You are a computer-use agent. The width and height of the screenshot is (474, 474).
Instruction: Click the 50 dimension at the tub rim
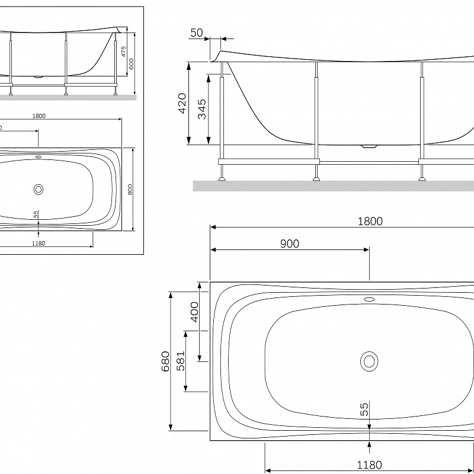[x=196, y=33]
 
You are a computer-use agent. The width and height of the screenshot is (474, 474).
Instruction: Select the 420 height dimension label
[x=182, y=103]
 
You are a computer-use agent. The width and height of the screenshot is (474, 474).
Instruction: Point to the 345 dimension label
[x=202, y=110]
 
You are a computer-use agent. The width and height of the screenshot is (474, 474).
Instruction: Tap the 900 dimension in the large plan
[x=290, y=244]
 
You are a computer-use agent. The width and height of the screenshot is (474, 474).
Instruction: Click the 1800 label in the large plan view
[x=370, y=221]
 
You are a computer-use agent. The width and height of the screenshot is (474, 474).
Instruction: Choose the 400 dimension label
[x=194, y=311]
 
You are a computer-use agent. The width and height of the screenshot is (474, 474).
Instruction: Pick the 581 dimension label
[x=181, y=361]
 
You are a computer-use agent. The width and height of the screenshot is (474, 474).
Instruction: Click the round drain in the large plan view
[x=369, y=361]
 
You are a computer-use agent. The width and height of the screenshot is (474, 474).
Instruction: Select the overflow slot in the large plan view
[x=369, y=299]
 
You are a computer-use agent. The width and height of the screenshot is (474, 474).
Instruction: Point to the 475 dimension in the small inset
[x=124, y=52]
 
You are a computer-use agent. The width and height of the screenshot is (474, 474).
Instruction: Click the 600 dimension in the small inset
[x=132, y=63]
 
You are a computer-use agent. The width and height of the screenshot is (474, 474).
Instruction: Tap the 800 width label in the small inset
[x=130, y=190]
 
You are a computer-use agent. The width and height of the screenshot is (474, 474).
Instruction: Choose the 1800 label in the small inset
[x=39, y=116]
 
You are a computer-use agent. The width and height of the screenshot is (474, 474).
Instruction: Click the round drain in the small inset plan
[x=39, y=190]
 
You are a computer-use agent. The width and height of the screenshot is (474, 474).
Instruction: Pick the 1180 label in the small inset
[x=39, y=243]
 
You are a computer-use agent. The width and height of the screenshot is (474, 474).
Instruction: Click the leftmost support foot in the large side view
[x=222, y=177]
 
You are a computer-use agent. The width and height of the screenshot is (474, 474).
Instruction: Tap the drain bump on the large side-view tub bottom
[x=369, y=145]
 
